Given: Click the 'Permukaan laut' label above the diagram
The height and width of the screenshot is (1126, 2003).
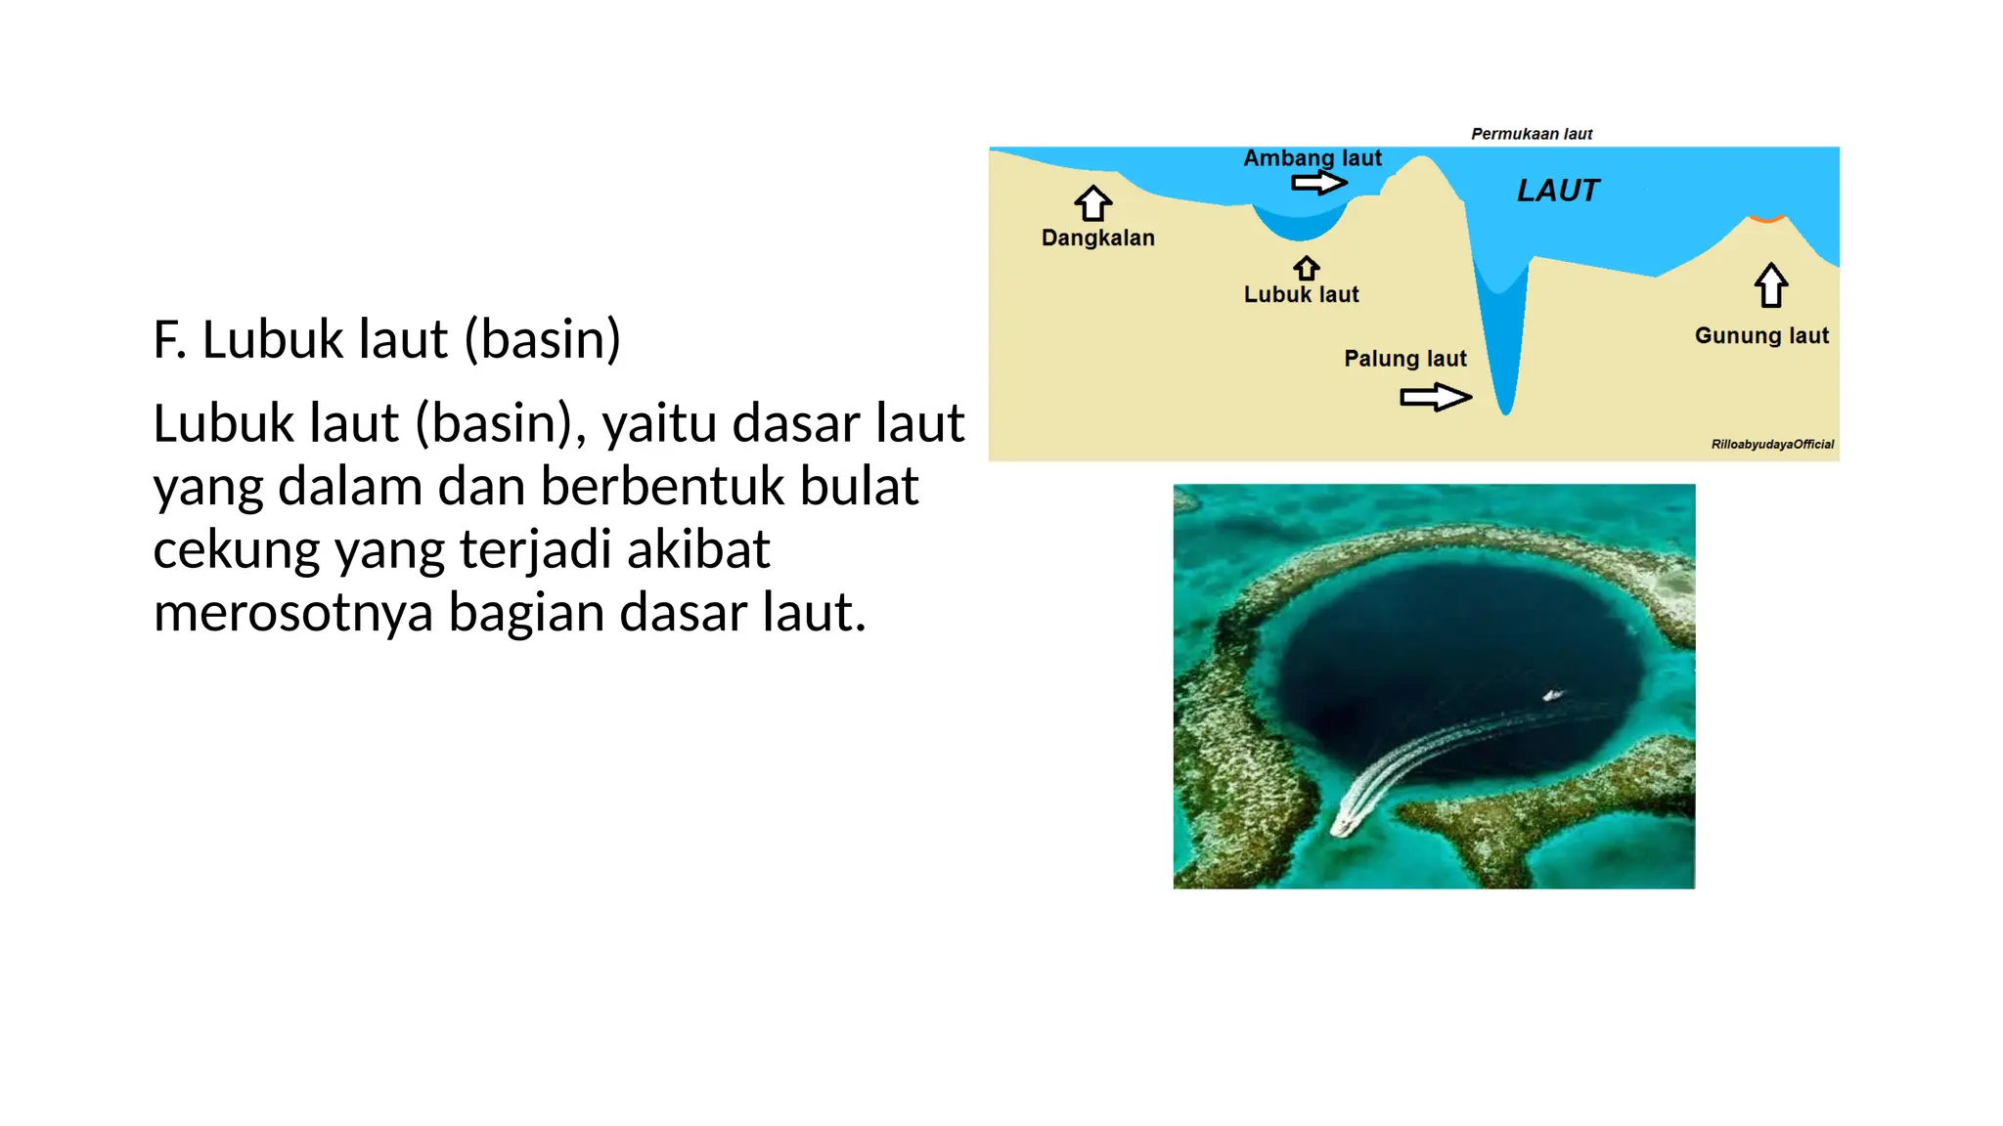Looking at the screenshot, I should point(1532,134).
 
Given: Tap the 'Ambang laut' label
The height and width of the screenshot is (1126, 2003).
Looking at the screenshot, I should point(1312,157).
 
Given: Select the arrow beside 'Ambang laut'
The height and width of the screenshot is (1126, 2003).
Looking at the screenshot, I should point(1318,183).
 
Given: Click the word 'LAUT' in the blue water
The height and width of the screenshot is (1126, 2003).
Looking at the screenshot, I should point(1558,191).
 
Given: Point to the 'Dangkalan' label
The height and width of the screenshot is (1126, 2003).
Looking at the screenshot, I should point(1097,238).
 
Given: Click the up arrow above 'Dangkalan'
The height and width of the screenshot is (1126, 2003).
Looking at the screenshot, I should point(1092,203).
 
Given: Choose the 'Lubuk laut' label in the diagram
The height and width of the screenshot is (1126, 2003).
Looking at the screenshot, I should point(1301,294).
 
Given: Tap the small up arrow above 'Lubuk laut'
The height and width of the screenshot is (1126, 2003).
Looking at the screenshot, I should point(1307,268).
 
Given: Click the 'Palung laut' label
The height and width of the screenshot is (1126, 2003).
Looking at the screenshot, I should point(1404,359).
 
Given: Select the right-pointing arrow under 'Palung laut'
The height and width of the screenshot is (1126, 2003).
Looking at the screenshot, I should point(1435,397).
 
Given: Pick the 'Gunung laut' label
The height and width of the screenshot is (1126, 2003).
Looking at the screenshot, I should point(1761,335).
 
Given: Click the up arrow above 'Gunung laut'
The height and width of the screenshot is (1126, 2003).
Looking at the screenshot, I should point(1771,285).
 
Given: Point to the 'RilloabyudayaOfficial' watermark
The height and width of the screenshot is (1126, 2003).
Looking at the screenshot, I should point(1772,444).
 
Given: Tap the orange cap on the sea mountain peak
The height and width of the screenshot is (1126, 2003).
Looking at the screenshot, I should point(1766,218).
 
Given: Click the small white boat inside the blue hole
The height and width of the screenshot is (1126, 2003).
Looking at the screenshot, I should point(1552,695).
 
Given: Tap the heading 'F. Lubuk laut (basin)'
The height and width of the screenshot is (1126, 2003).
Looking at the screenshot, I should point(386,339).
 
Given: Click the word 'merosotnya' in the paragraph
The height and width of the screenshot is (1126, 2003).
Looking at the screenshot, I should point(292,613).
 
